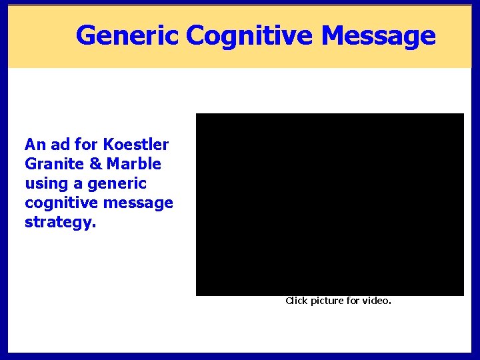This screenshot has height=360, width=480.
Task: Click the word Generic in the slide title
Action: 127,35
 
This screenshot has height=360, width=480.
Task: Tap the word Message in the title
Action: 378,35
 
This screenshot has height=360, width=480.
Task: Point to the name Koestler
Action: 136,144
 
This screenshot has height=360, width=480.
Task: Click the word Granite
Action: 51,163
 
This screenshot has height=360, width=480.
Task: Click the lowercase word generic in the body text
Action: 116,183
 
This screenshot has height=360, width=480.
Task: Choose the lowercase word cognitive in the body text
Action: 57,202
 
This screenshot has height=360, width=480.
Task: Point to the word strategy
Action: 60,221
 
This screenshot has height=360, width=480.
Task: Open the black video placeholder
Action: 329,204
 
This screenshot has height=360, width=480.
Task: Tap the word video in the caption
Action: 376,301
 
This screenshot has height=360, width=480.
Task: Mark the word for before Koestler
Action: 86,144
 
